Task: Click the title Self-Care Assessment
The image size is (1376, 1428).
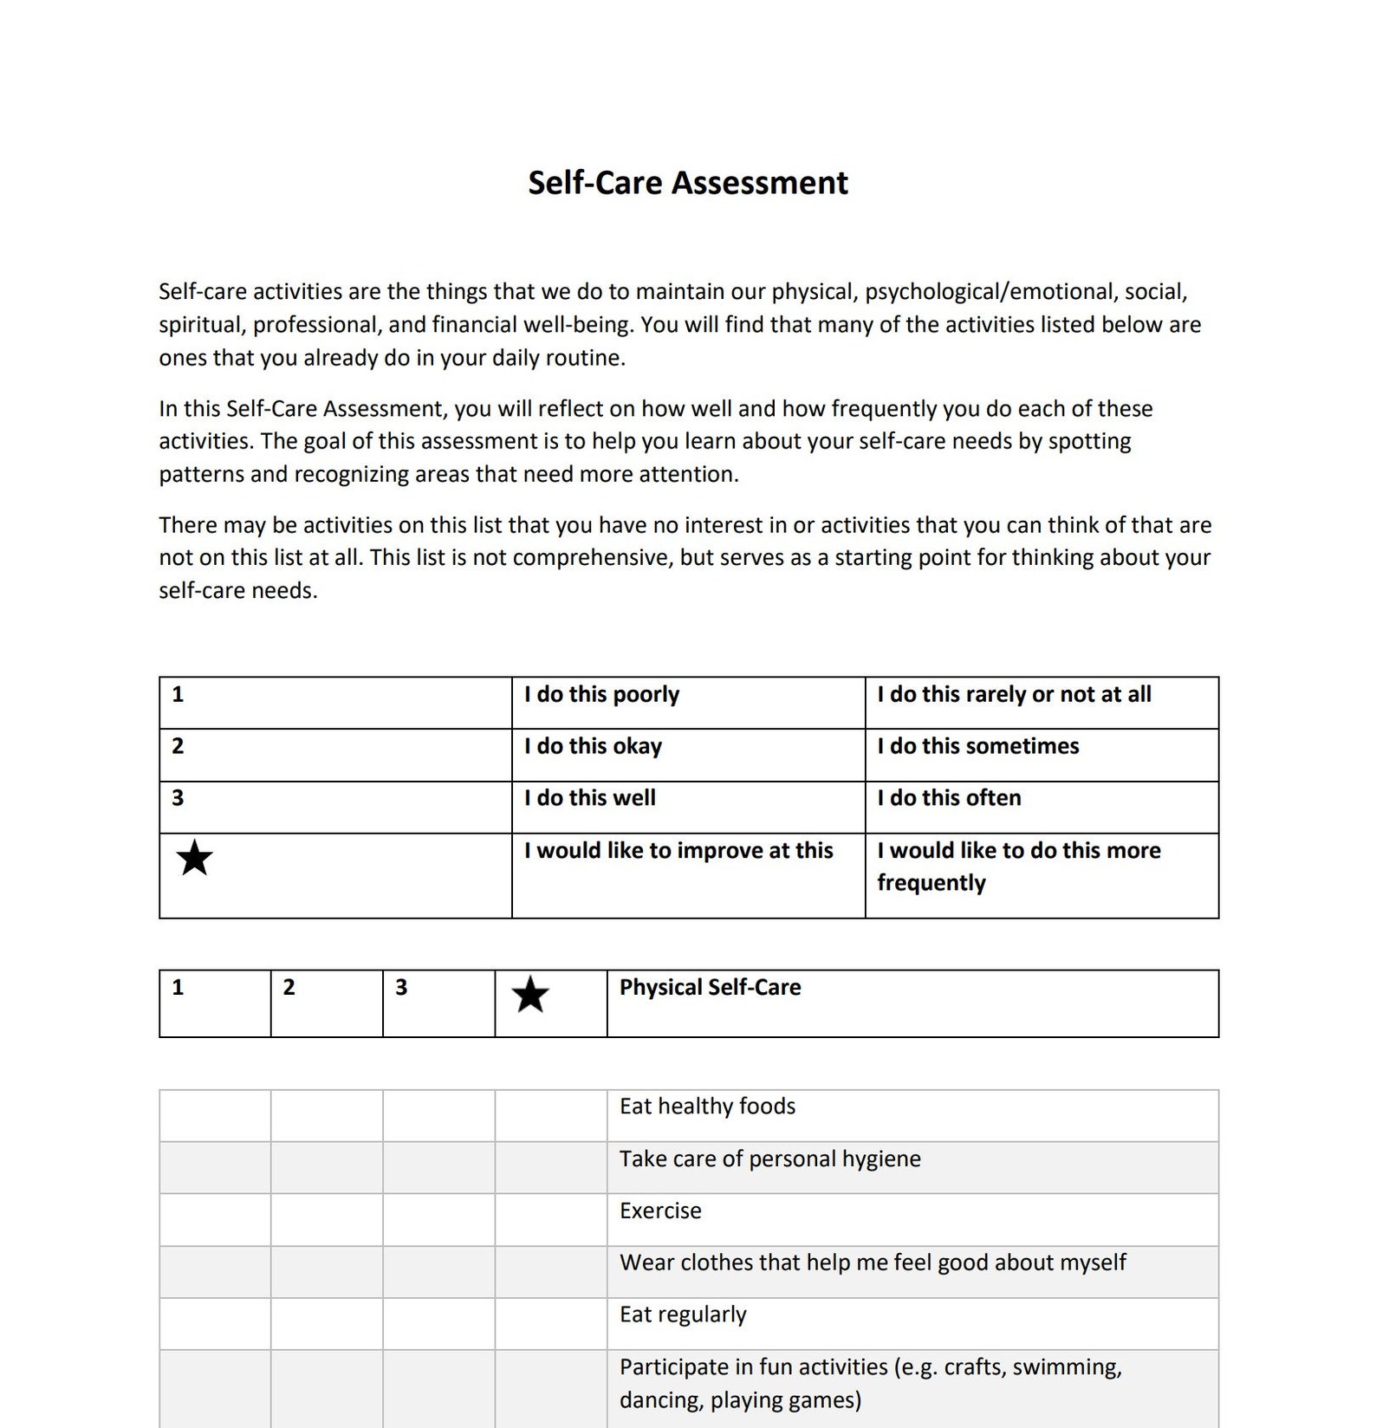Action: [x=687, y=183]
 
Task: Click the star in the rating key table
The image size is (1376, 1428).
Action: [x=194, y=858]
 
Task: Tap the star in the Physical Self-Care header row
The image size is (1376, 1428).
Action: [x=530, y=995]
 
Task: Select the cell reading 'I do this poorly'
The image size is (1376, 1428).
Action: [x=601, y=695]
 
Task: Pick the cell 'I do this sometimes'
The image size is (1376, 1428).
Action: [x=977, y=747]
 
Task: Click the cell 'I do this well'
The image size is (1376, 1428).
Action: [x=589, y=799]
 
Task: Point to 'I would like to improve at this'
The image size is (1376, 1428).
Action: [x=678, y=851]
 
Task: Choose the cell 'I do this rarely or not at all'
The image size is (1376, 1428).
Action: [x=1014, y=695]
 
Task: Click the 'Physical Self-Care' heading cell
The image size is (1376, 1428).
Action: [x=710, y=988]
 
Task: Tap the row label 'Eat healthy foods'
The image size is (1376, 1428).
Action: [x=707, y=1107]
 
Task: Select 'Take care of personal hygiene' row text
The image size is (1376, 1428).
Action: [x=769, y=1159]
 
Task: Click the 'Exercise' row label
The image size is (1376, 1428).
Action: [x=660, y=1211]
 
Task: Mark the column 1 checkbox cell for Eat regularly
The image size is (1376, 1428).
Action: [x=215, y=1324]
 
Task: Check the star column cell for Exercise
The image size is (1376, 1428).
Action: [x=551, y=1220]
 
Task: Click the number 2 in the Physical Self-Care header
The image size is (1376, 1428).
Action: [x=289, y=988]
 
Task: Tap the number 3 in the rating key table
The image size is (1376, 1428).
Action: [x=178, y=798]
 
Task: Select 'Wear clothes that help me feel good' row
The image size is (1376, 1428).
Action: [x=872, y=1263]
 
